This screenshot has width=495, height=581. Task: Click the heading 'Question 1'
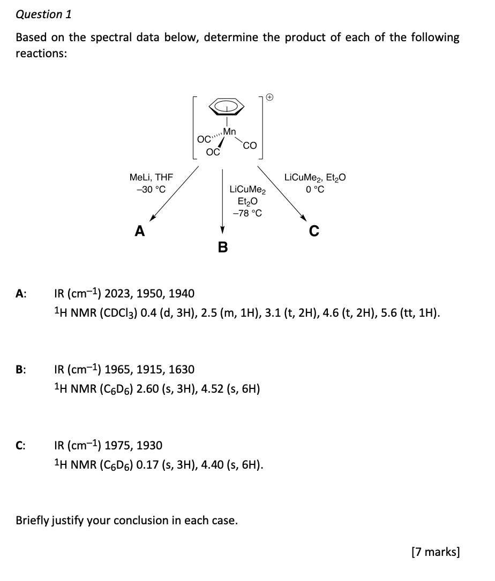pos(43,14)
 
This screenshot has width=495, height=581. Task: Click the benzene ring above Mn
pos(228,108)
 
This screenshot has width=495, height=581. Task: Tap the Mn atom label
pos(229,131)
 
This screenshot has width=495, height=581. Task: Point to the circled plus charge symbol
pos(270,97)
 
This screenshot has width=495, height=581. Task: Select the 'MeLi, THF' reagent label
pos(152,177)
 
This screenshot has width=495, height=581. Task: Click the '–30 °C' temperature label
pos(152,189)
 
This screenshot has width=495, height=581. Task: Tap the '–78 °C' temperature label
pos(247,213)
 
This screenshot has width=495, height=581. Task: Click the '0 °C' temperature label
pos(314,189)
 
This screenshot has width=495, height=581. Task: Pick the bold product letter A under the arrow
pos(140,231)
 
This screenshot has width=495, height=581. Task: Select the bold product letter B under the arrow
pos(222,247)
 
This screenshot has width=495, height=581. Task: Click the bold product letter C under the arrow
pos(314,231)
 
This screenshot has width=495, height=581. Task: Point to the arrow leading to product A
pos(174,193)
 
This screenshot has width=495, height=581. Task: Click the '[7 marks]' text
pos(435,552)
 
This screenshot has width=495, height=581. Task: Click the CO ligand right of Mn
pos(250,145)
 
